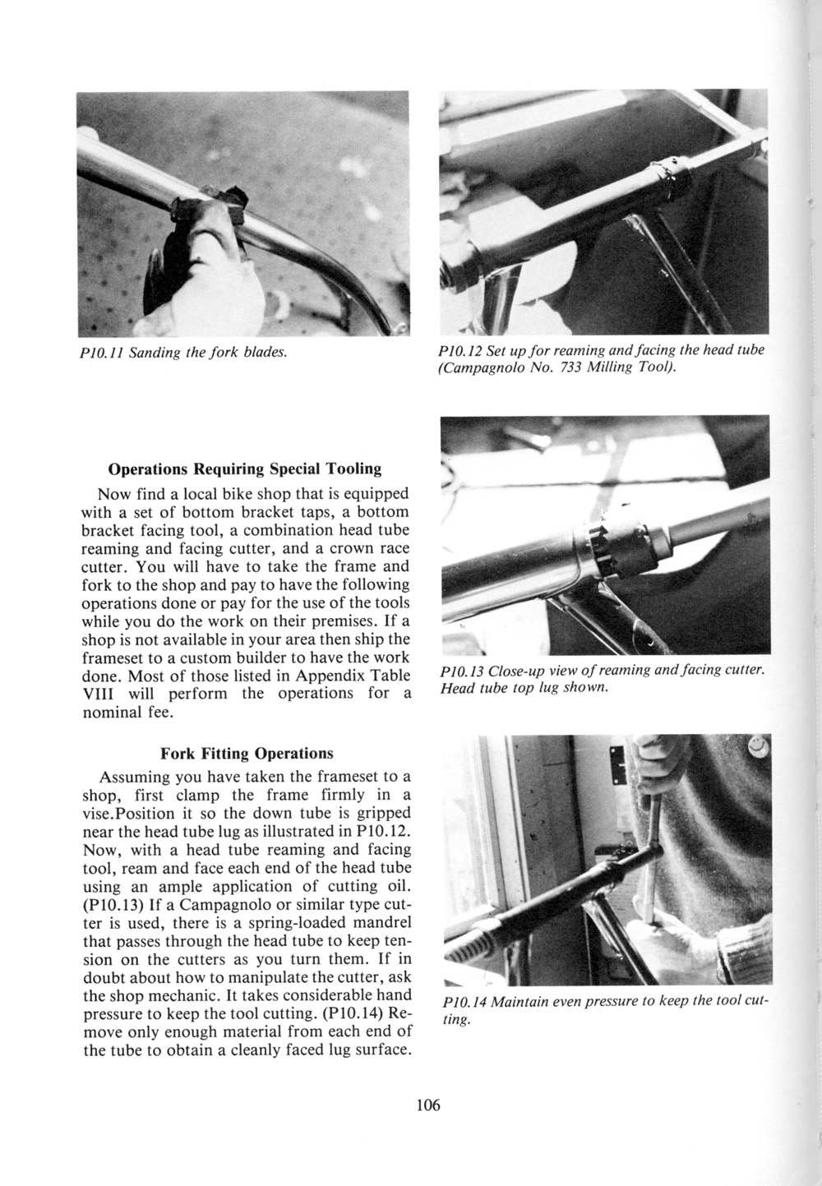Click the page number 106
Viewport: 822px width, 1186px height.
(x=428, y=1105)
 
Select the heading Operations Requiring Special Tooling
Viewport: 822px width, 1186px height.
(x=245, y=469)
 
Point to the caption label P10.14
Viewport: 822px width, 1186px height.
(x=464, y=1004)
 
